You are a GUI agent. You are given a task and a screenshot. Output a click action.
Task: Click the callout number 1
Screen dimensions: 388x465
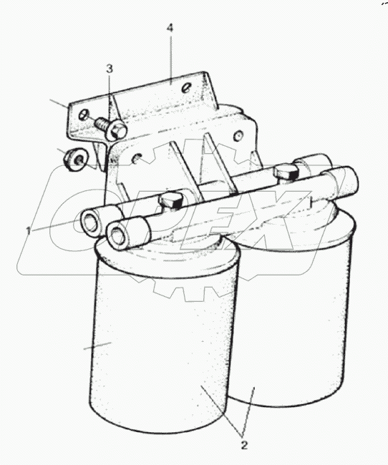click(29, 230)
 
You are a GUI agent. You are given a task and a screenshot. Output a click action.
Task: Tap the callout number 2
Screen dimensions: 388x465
click(244, 445)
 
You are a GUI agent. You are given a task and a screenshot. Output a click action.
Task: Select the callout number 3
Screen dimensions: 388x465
click(110, 69)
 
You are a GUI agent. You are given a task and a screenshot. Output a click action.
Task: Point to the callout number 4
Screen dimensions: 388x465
click(170, 28)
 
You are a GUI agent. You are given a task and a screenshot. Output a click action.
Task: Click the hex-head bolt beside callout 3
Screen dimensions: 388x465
click(112, 127)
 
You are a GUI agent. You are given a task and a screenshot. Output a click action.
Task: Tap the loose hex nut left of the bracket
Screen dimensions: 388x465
click(75, 160)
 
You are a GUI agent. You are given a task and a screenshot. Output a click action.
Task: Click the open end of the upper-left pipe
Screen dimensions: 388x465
click(90, 222)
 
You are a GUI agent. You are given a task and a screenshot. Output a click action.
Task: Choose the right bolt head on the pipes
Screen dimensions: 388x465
click(286, 174)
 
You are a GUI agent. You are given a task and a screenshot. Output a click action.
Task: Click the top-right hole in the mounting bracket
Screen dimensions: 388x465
click(186, 87)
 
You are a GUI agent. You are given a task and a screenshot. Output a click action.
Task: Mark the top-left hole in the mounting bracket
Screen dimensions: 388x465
click(84, 114)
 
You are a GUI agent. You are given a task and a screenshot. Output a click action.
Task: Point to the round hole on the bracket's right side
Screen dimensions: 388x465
click(238, 136)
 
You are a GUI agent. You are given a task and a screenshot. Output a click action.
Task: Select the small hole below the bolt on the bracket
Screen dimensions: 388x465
click(136, 158)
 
